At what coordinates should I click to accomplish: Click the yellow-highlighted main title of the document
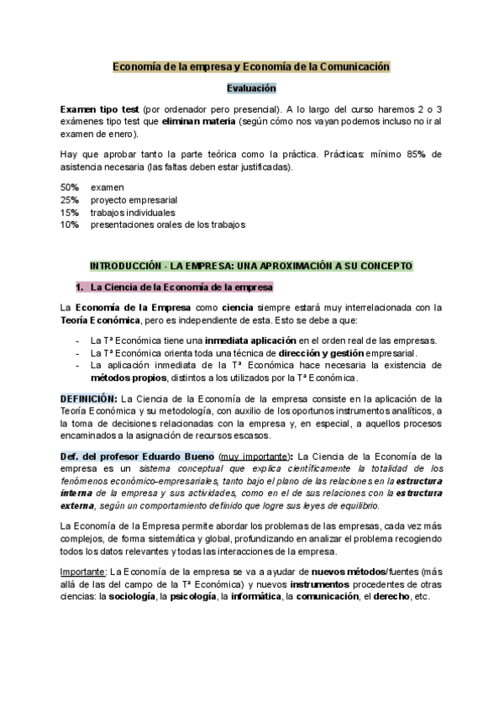coord(252,66)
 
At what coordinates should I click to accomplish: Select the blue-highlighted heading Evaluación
coord(251,87)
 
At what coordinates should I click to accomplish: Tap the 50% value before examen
coord(70,187)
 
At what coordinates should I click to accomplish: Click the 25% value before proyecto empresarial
coord(70,199)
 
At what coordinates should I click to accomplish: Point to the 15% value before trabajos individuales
coord(70,212)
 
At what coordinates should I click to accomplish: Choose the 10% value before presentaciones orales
coord(70,224)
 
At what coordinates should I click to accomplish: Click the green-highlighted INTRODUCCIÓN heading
coord(251,265)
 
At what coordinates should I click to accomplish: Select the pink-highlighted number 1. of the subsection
coord(81,287)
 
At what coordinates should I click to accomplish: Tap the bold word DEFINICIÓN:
coord(89,398)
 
